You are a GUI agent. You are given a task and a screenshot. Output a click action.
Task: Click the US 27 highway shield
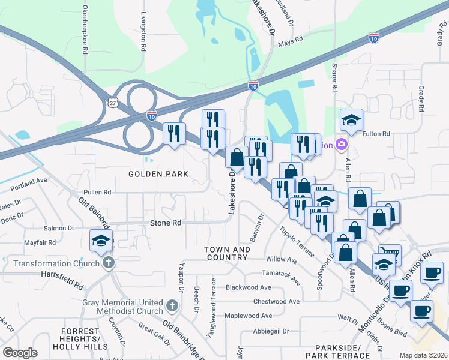coord(112,103)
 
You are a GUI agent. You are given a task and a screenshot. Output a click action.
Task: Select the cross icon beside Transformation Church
coord(108,263)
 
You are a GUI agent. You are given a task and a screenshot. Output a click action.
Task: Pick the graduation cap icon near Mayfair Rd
coord(101,241)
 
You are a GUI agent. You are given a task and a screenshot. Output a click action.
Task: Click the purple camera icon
coord(342,145)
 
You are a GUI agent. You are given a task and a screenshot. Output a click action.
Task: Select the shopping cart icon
coord(389,254)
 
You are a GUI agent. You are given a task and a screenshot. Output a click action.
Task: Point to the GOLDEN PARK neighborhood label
coord(158,174)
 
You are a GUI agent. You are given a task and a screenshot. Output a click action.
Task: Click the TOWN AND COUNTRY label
coord(226,253)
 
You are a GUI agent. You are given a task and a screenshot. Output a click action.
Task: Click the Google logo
coord(20,352)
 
